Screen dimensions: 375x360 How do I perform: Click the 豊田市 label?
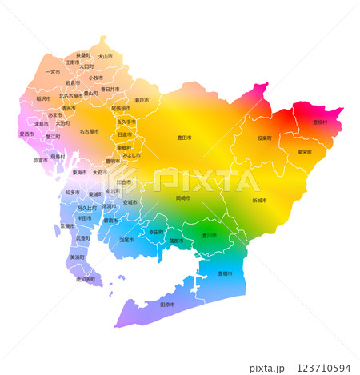[x=184, y=138]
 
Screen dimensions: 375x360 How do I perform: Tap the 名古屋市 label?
[x=88, y=131]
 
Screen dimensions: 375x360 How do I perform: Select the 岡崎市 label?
[x=183, y=197]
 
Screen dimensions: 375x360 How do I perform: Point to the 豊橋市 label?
[x=225, y=273]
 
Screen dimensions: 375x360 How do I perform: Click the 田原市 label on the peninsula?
[x=168, y=305]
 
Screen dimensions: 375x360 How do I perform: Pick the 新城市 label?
[x=260, y=200]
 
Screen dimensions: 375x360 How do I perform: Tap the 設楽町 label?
[x=264, y=138]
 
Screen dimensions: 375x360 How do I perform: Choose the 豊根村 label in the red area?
[x=319, y=122]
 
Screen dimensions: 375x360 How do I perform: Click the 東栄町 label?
[x=305, y=151]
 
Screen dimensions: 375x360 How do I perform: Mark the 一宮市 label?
[x=54, y=72]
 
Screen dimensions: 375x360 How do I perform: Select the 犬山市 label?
[x=105, y=56]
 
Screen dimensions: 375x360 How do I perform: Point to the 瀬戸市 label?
[x=142, y=100]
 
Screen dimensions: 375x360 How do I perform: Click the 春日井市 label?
[x=110, y=89]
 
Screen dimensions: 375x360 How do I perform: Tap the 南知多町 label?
[x=85, y=280]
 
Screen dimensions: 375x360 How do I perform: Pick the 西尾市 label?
[x=126, y=239]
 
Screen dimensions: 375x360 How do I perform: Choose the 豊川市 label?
[x=209, y=236]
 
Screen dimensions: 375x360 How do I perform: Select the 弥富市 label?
[x=40, y=160]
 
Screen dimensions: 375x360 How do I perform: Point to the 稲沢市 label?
[x=43, y=98]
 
